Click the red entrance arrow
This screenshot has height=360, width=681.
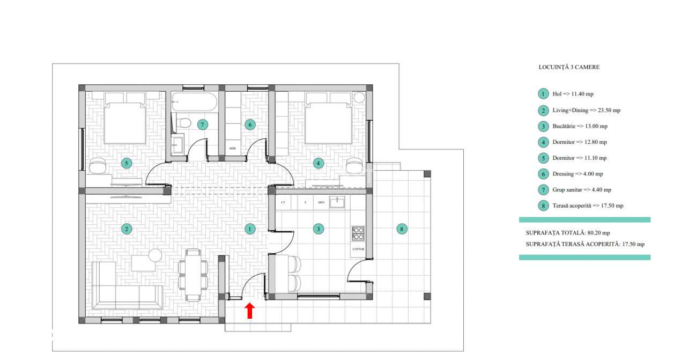(249, 311)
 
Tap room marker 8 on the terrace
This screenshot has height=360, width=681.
(402, 229)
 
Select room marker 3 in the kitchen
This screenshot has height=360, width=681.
(319, 229)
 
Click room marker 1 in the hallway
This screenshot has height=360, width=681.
(250, 229)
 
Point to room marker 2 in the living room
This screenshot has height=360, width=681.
(127, 229)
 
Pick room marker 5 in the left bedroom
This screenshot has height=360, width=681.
(127, 163)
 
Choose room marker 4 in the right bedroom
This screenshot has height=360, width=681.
(319, 163)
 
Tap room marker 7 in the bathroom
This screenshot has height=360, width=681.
(202, 124)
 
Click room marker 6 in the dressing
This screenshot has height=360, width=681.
(250, 124)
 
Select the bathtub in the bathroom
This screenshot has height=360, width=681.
(194, 100)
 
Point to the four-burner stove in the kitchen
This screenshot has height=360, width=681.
(358, 234)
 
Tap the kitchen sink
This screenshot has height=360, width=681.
(337, 202)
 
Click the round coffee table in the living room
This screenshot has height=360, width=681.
(155, 255)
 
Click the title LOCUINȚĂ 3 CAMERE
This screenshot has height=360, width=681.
(569, 68)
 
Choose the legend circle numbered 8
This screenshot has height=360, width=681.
(543, 205)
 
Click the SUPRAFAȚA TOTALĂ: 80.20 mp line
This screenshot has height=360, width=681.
(568, 233)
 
